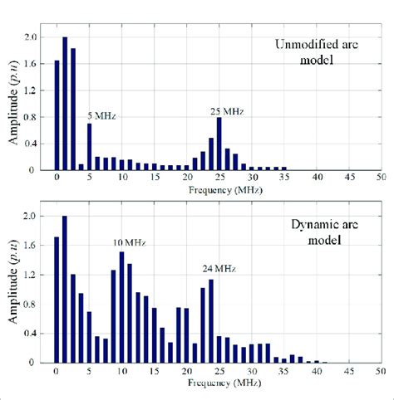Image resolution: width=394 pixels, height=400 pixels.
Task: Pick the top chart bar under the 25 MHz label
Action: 219,144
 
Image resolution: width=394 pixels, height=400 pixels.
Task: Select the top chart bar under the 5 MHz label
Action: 89,146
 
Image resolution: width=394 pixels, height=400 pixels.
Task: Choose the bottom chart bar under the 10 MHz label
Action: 121,307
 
